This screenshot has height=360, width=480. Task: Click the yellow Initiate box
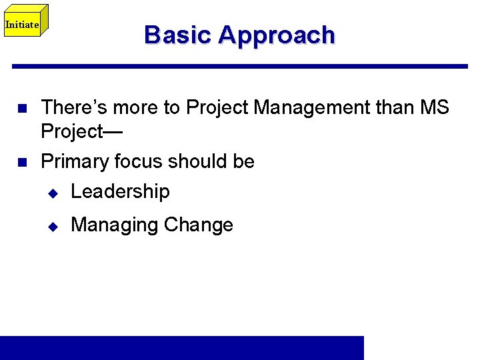(22, 25)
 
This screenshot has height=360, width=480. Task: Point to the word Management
(301, 107)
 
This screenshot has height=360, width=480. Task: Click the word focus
(139, 161)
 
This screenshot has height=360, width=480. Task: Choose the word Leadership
(120, 192)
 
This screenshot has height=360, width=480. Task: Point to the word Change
(198, 225)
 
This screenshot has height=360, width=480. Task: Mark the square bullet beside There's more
(21, 107)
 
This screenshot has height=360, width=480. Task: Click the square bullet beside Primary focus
(21, 162)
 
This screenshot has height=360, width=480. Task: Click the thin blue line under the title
(240, 66)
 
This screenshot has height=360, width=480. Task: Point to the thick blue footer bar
(182, 347)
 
